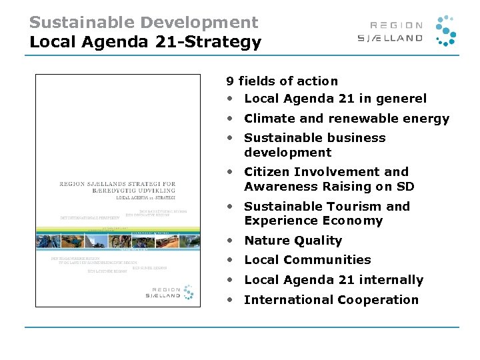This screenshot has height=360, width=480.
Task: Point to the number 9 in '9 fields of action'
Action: [x=230, y=81]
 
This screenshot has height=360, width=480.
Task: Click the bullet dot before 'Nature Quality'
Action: [x=230, y=241]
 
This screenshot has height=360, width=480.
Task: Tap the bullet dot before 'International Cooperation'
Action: [x=230, y=300]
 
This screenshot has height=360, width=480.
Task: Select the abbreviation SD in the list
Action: [x=405, y=187]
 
